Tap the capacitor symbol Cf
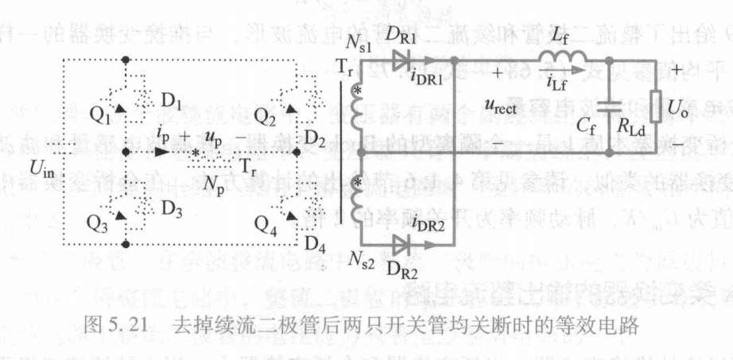pyautogui.click(x=611, y=106)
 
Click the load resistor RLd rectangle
pyautogui.click(x=654, y=103)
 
